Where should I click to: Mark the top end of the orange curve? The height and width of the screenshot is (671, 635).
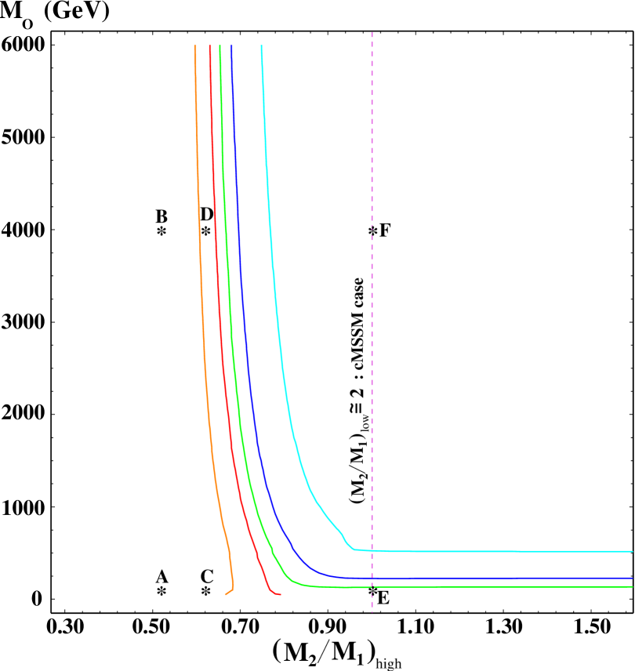[x=195, y=46]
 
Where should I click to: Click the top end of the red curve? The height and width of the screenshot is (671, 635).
[x=209, y=46]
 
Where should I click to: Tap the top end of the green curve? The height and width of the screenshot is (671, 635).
[x=220, y=46]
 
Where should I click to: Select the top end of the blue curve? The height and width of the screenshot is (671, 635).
[x=231, y=46]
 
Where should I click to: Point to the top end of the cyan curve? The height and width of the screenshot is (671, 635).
[x=261, y=46]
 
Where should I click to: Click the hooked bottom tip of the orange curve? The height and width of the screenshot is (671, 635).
[x=226, y=594]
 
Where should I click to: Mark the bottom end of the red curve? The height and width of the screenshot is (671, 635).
[x=280, y=594]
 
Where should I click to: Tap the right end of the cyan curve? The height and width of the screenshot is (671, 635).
[x=632, y=551]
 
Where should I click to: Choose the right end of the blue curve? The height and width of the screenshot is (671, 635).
[x=632, y=578]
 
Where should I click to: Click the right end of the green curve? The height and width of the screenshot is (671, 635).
[x=632, y=586]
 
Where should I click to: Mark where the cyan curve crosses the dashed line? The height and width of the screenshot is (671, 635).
[x=372, y=550]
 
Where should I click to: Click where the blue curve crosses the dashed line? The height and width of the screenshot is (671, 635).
[x=372, y=578]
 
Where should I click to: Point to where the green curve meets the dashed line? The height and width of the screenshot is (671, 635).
[x=372, y=586]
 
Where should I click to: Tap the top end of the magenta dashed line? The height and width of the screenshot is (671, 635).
[x=372, y=33]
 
